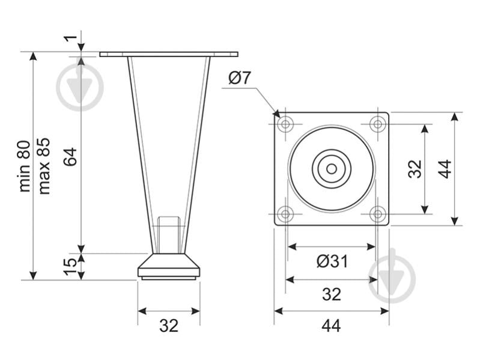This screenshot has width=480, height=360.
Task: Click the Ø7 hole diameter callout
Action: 239,78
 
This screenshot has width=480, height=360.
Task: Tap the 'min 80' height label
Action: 25,166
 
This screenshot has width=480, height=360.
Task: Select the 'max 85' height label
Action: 44,166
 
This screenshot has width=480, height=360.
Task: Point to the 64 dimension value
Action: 71,157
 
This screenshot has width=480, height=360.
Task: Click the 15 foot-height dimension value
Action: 71,266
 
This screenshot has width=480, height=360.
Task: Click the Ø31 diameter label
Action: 332,261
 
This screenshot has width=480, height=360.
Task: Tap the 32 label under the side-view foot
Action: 169,326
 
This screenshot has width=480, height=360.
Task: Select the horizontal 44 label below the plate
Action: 331,326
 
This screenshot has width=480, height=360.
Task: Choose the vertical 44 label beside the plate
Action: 445,169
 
